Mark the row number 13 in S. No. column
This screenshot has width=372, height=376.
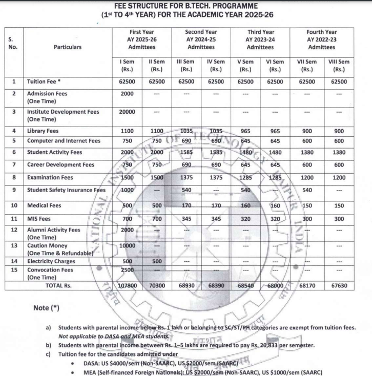click(13, 245)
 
